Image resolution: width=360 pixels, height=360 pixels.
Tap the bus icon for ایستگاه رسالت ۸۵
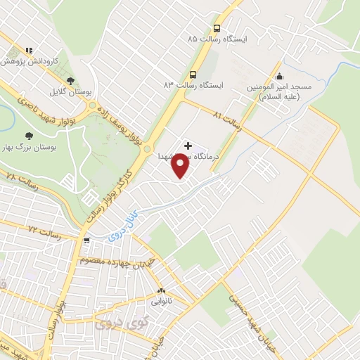(216, 29)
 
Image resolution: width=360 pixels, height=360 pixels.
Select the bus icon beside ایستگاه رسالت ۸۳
(193, 74)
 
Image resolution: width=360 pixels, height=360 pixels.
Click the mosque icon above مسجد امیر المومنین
(280, 77)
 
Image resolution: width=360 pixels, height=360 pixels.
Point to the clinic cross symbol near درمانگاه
(187, 145)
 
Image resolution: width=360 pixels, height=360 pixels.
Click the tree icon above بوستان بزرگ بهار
(29, 135)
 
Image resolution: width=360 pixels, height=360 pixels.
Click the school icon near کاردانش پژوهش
(29, 51)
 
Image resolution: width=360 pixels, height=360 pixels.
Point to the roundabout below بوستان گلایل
(91, 106)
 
